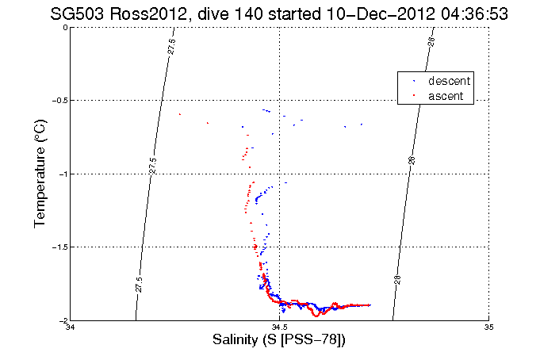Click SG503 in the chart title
pos(77,13)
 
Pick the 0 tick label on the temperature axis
pos(63,28)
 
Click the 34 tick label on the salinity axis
pos(71,327)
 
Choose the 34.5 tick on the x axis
pos(279,327)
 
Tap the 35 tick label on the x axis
pos(488,327)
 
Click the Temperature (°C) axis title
pos(40,174)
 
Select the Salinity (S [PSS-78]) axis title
pos(279,340)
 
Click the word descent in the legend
pos(450,81)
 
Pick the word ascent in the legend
pos(446,96)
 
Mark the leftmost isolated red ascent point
pos(180,114)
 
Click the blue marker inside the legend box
pos(412,81)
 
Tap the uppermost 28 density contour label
pos(432,42)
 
